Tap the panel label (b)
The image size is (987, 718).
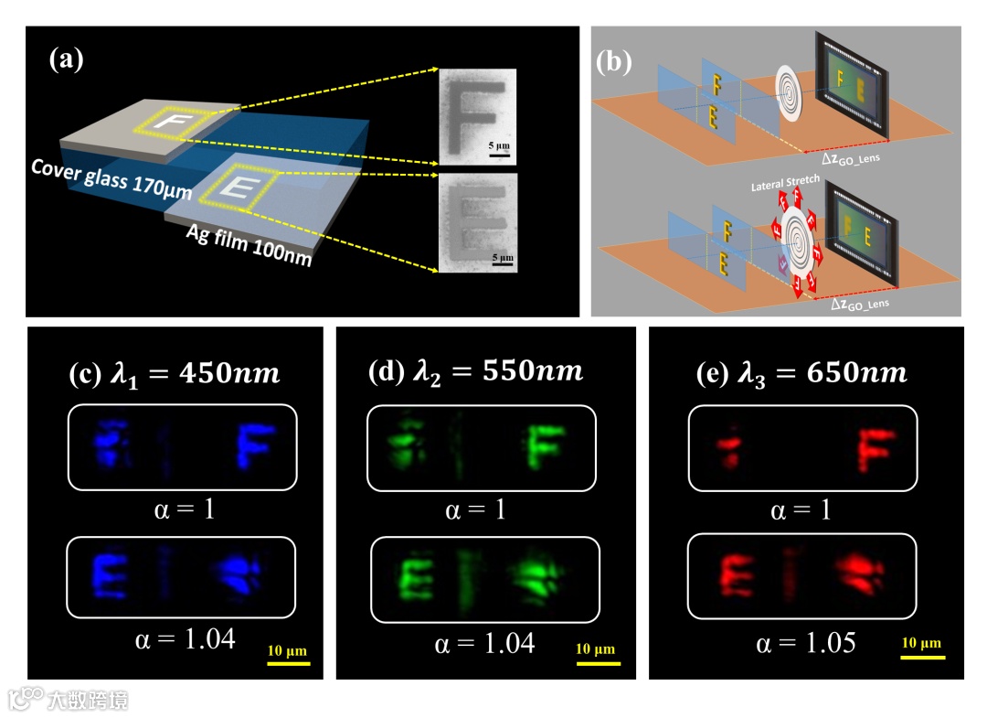pyautogui.click(x=614, y=62)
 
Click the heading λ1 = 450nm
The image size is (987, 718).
pyautogui.click(x=175, y=375)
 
